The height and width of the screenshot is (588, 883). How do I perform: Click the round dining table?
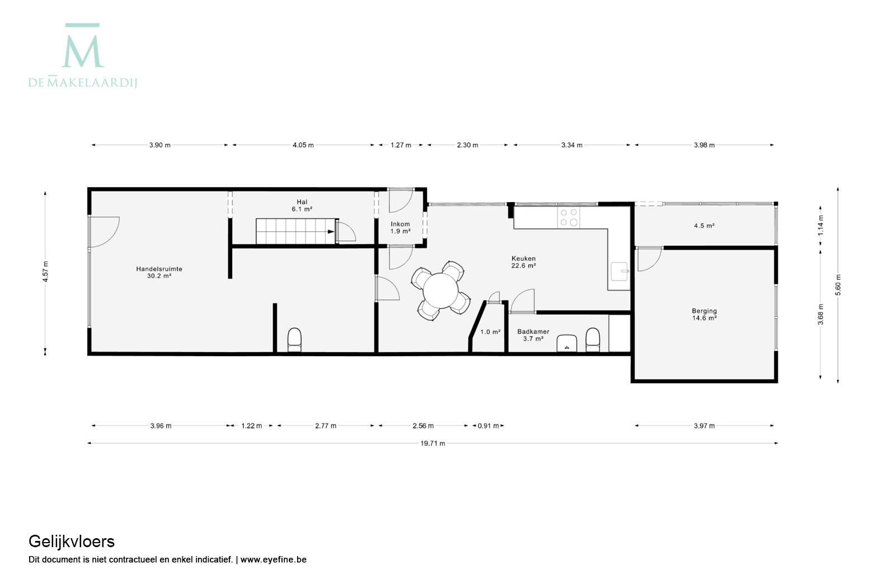click(441, 291)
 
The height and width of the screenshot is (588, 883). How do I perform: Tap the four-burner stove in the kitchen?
click(569, 217)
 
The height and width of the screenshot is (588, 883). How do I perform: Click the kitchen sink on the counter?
click(619, 271)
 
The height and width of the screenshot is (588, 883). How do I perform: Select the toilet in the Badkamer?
click(593, 340)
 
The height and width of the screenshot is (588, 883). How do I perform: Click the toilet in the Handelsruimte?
click(294, 340)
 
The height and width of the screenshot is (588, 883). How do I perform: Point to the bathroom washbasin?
click(567, 343)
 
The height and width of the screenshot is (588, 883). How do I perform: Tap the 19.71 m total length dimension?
click(433, 443)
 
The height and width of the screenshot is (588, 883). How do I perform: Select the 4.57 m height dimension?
click(45, 272)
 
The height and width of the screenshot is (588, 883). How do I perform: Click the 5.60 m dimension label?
click(838, 285)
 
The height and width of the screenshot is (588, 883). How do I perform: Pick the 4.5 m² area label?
click(704, 226)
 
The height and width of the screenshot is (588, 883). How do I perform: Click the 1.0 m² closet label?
click(490, 332)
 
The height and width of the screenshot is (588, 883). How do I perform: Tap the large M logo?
click(83, 45)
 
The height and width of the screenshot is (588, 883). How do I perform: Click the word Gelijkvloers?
click(72, 542)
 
